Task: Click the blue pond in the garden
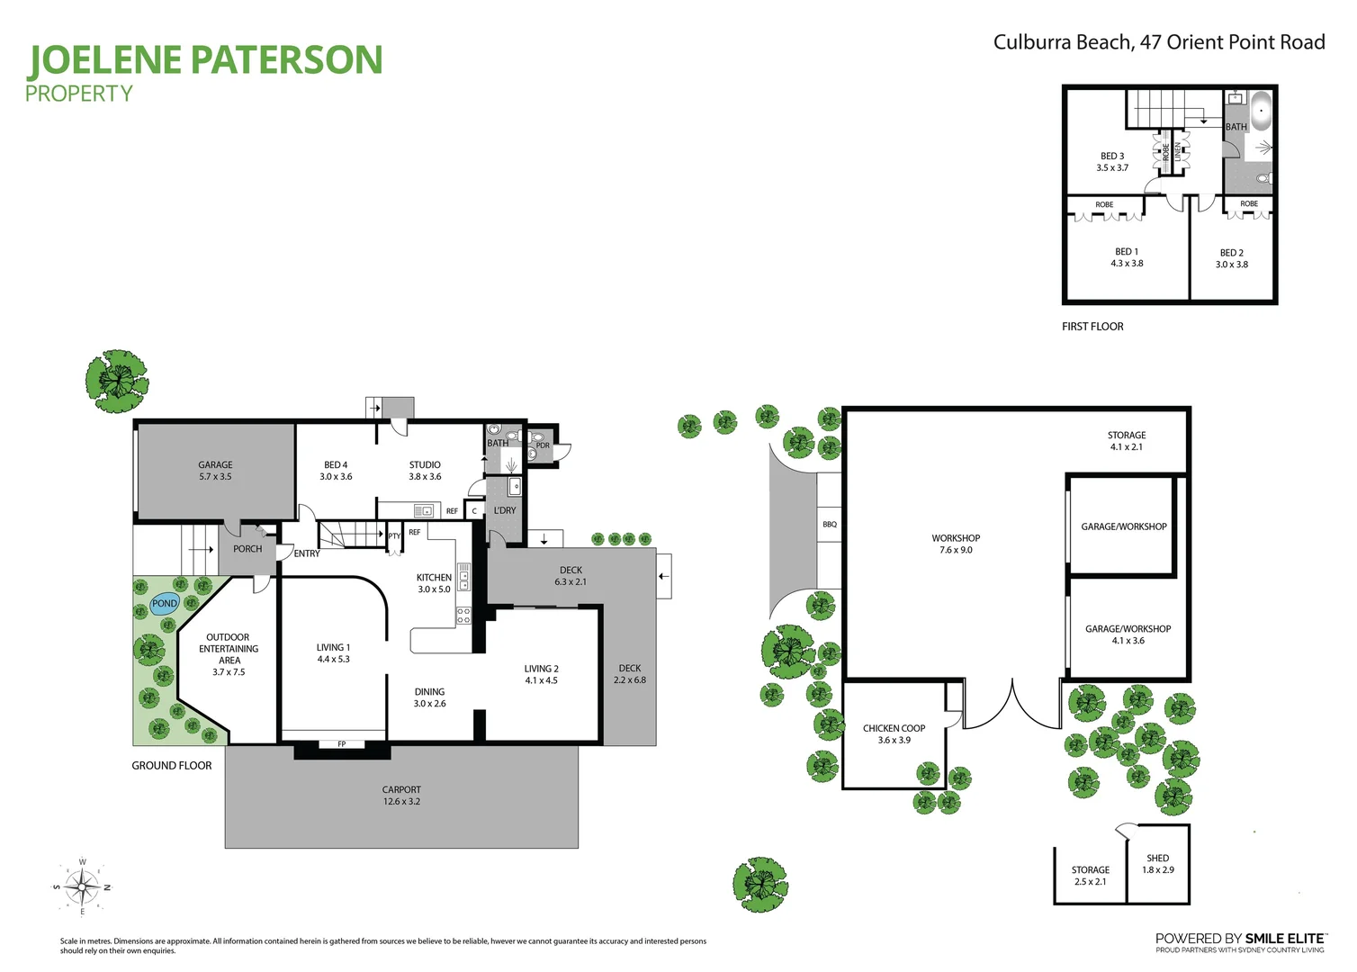pos(165,604)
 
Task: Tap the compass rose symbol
pos(83,887)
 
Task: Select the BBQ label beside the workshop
pos(830,524)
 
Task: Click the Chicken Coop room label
pos(894,734)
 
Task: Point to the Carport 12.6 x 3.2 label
pos(401,796)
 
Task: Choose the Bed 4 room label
pos(336,471)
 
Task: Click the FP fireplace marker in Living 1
pos(342,744)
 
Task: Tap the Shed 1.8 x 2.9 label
pos(1158,864)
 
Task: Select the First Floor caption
pos(1092,327)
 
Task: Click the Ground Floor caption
pos(172,766)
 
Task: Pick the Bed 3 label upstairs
pos(1112,162)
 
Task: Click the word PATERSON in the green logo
pos(287,60)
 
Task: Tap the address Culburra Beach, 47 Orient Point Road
pos(1159,42)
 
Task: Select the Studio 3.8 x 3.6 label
pos(425,471)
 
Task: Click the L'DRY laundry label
pos(505,510)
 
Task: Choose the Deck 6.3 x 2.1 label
pos(571,576)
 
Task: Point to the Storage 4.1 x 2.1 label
pos(1127,441)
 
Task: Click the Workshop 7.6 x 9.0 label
pos(956,544)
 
